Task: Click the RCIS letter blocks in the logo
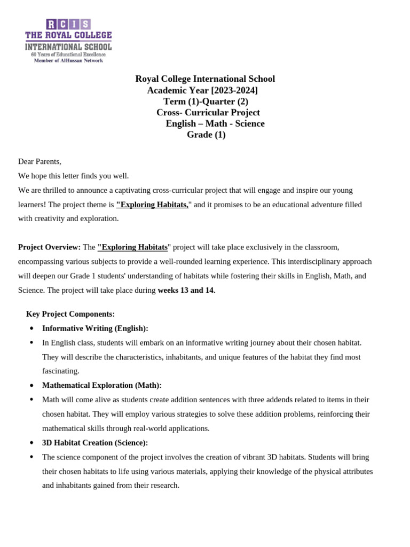pos(68,24)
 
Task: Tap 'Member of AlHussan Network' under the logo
pos(68,60)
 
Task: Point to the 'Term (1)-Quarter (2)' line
pos(206,101)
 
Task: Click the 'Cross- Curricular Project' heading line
pos(208,113)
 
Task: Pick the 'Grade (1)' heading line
pos(206,135)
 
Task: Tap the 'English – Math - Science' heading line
pos(215,124)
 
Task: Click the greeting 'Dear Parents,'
pos(40,161)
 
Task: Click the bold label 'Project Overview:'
pos(49,247)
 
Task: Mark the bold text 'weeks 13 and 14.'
pos(186,291)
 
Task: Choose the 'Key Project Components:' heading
pos(70,314)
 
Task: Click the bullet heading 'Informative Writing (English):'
pos(95,329)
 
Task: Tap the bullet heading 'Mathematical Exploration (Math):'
pos(101,386)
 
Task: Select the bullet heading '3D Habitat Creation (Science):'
pos(95,443)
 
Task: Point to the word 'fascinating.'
pos(60,371)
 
